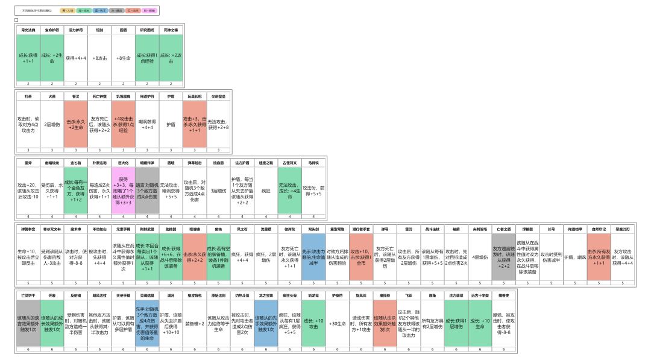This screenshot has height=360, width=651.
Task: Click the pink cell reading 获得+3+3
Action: pyautogui.click(x=123, y=191)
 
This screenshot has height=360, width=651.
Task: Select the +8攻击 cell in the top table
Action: pyautogui.click(x=99, y=58)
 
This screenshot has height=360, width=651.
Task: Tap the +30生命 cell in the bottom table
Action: pyautogui.click(x=337, y=324)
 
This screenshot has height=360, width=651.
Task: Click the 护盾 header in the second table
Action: pyautogui.click(x=171, y=96)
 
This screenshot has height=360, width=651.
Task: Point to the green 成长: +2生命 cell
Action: pyautogui.click(x=52, y=58)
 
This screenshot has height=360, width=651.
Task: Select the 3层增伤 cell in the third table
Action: pyautogui.click(x=218, y=191)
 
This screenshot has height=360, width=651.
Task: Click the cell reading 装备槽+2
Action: pyautogui.click(x=194, y=324)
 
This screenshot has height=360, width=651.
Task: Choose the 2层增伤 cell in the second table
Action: pyautogui.click(x=52, y=124)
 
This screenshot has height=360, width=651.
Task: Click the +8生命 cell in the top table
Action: pyautogui.click(x=123, y=58)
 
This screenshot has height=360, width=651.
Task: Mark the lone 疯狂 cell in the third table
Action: pyautogui.click(x=265, y=191)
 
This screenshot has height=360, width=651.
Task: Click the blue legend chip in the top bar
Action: pyautogui.click(x=101, y=11)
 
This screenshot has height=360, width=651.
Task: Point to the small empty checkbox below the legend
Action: pyautogui.click(x=17, y=20)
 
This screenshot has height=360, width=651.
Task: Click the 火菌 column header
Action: pyautogui.click(x=52, y=96)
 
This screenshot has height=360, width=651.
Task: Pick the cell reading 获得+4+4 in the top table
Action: pyautogui.click(x=76, y=58)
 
